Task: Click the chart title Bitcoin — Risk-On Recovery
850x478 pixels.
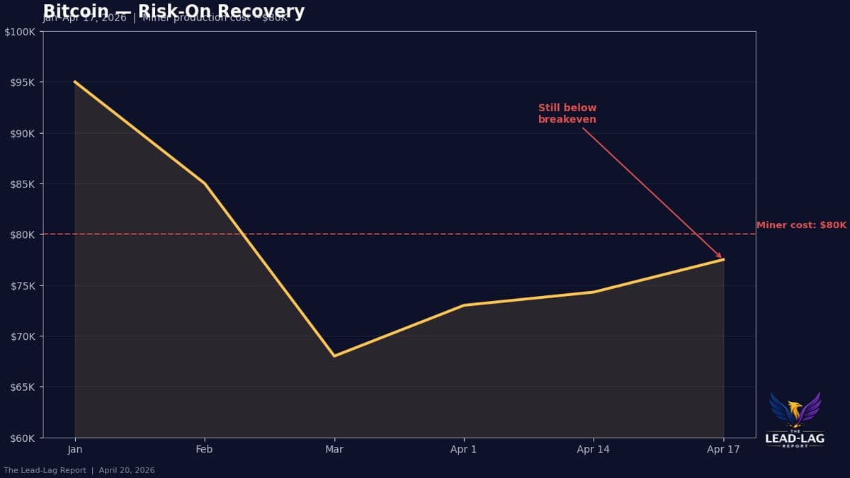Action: [174, 11]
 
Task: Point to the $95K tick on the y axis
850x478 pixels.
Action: [24, 82]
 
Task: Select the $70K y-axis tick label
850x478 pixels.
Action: [24, 336]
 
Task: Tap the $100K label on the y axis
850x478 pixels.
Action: [22, 32]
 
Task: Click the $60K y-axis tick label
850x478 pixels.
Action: [24, 438]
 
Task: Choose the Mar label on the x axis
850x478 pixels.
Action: [334, 450]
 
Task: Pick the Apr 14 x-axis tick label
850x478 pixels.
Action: [594, 450]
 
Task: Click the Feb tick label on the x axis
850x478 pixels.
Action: [205, 450]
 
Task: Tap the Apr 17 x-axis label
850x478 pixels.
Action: [723, 450]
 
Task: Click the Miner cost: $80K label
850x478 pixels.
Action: [801, 225]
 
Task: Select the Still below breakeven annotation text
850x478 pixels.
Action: [567, 113]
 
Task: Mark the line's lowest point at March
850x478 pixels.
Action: [334, 356]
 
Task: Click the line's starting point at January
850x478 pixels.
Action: [75, 82]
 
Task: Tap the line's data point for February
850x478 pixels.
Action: [205, 183]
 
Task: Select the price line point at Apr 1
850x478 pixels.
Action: [464, 305]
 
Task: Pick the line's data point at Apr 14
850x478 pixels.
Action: [594, 292]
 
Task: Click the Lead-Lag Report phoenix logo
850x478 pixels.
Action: [795, 411]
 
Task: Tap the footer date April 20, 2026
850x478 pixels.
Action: [127, 470]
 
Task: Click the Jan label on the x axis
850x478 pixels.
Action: [75, 450]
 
